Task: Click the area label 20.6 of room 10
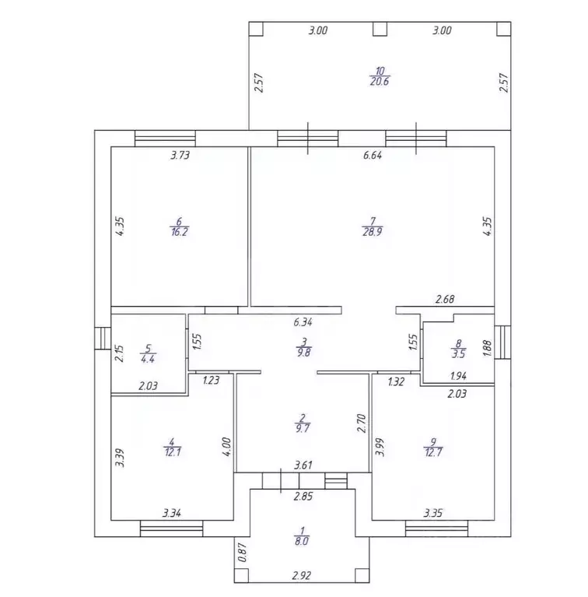[x=380, y=82]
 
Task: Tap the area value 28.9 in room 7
[x=373, y=232]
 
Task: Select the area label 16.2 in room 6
[x=179, y=232]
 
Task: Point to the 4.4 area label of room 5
[x=148, y=359]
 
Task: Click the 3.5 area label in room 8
[x=458, y=354]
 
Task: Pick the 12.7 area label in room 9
[x=433, y=452]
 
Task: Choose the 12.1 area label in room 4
[x=173, y=452]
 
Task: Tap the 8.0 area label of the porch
[x=302, y=541]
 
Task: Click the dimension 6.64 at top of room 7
[x=373, y=156]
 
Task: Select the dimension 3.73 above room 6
[x=180, y=156]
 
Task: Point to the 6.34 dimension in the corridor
[x=303, y=322]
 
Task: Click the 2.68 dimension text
[x=445, y=299]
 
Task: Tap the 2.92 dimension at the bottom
[x=302, y=575]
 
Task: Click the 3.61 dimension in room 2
[x=303, y=465]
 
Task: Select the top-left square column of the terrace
[x=256, y=29]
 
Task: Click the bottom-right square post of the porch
[x=362, y=575]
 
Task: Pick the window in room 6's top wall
[x=165, y=139]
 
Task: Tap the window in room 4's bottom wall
[x=172, y=529]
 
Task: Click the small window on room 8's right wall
[x=502, y=342]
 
